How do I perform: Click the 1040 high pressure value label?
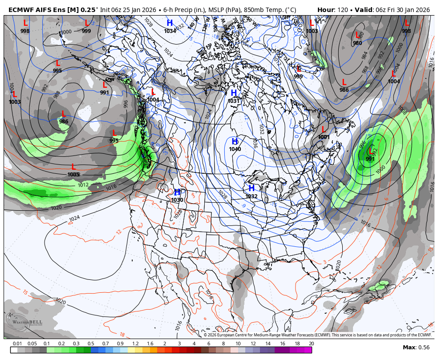tap(235, 149)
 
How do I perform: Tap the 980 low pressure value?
tap(357, 43)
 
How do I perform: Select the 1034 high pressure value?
tap(170, 31)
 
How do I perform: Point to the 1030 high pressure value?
tap(177, 200)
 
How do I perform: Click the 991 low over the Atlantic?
tap(370, 159)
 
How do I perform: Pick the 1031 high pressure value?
tap(234, 101)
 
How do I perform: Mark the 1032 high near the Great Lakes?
tap(251, 196)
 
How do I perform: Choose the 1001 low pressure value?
tap(324, 137)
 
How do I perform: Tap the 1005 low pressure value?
tap(73, 175)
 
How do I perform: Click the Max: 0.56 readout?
tap(416, 348)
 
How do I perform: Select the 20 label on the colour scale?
tap(311, 344)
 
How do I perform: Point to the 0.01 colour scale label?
tap(17, 344)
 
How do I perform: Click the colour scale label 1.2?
tap(135, 344)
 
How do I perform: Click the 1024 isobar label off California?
tap(74, 218)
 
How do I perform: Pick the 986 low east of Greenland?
tap(344, 90)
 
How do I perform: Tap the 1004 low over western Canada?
tap(153, 100)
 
